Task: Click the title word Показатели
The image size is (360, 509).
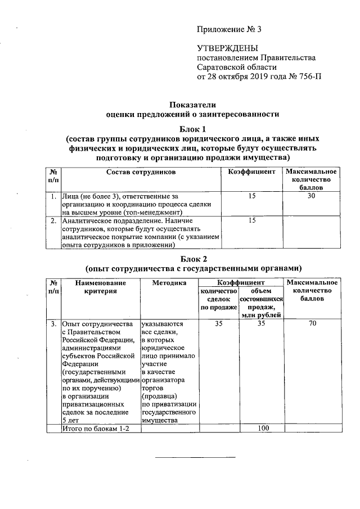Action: [193, 105]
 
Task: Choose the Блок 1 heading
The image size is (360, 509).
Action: [193, 129]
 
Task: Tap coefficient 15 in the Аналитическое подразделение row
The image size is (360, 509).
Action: [252, 221]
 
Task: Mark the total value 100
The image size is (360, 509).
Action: [261, 429]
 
